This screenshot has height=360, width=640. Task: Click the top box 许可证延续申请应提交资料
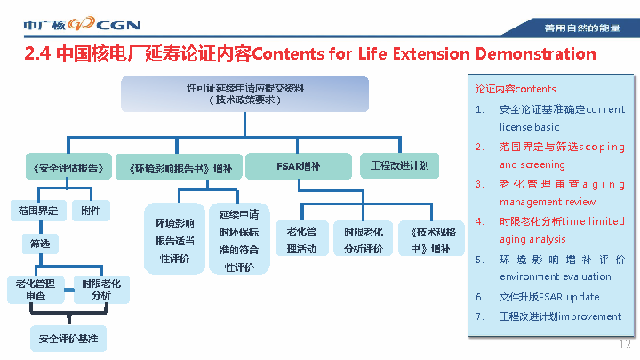click(244, 94)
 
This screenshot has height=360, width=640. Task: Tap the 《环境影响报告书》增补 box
click(173, 167)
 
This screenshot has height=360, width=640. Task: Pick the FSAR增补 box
click(298, 166)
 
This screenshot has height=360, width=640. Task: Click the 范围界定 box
click(37, 211)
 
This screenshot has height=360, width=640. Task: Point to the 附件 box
click(91, 211)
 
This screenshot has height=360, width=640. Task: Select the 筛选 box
click(39, 243)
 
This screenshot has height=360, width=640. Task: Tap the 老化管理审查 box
click(36, 288)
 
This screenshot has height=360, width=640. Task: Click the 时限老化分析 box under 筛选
click(101, 288)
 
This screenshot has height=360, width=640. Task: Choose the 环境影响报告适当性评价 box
click(175, 240)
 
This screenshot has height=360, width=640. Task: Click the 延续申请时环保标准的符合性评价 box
click(240, 240)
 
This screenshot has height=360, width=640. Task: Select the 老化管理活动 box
click(301, 240)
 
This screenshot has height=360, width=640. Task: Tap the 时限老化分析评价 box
click(364, 240)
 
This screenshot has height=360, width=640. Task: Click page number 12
click(624, 344)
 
